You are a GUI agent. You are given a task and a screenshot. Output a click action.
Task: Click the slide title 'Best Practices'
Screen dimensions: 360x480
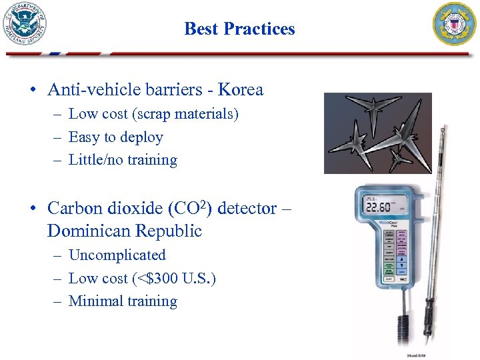pos(239,29)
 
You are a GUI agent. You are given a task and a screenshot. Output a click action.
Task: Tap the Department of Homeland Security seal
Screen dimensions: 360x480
pos(26,24)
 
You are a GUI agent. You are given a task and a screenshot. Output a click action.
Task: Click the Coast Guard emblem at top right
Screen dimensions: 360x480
pos(455,24)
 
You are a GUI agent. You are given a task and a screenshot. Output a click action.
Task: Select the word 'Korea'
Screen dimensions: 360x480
pos(241,90)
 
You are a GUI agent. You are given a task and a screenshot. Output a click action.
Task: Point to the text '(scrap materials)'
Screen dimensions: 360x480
pos(185,114)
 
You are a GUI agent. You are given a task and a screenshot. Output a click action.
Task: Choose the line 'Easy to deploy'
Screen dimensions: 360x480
pos(116,137)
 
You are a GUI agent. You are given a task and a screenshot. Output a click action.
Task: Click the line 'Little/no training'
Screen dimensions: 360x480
pos(123,160)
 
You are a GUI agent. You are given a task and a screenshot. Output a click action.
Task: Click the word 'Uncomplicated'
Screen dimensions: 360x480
pos(117,255)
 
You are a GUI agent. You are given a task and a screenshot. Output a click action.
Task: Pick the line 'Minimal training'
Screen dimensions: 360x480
pos(123,301)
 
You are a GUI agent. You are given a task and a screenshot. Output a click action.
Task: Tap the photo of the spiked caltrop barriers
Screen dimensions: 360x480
pos(377,132)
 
